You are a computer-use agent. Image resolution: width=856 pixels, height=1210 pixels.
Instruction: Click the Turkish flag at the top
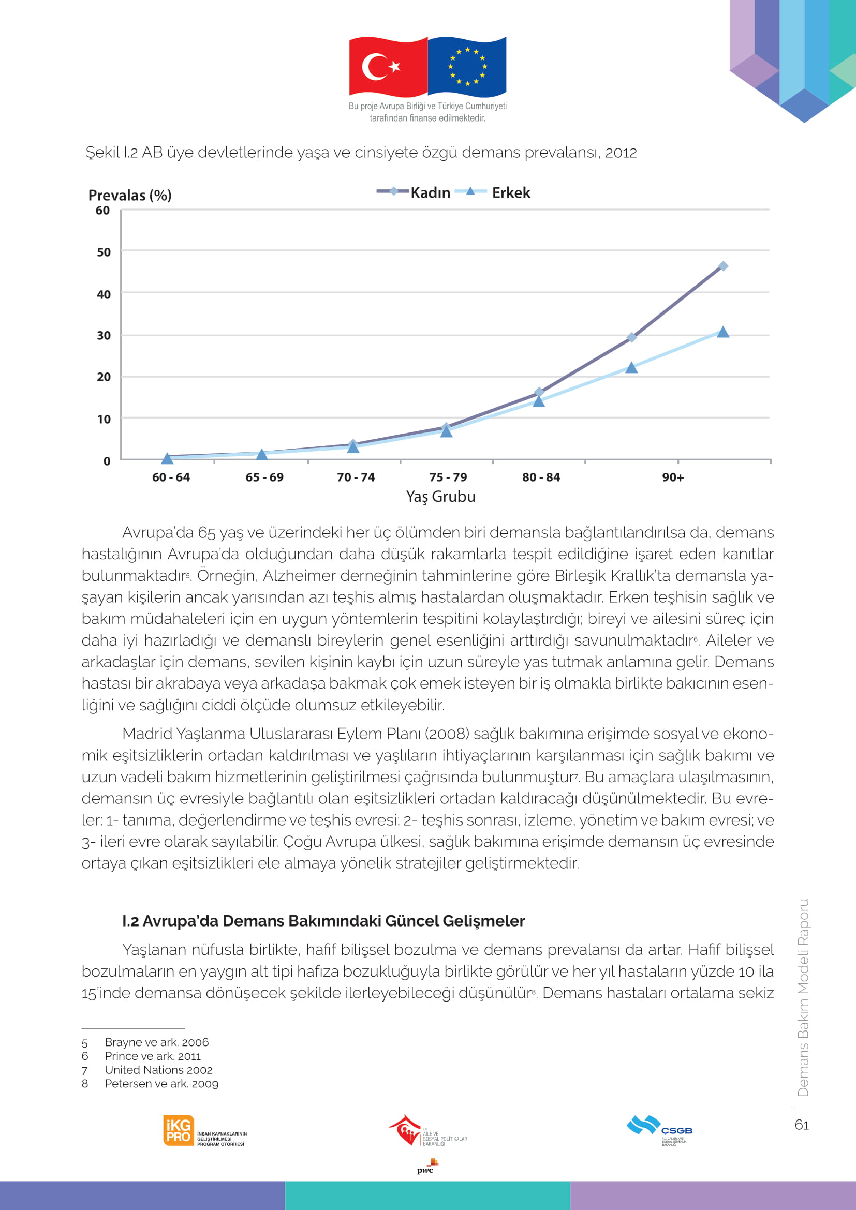[389, 67]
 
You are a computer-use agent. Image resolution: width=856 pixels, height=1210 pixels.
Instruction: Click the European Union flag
[467, 67]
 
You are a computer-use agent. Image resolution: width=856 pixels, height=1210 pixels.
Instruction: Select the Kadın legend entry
[414, 192]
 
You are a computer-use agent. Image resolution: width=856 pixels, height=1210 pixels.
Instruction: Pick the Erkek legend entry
[492, 192]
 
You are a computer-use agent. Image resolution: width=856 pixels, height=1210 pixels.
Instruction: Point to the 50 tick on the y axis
[104, 252]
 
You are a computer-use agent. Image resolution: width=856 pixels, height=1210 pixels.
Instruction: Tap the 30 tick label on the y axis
[104, 335]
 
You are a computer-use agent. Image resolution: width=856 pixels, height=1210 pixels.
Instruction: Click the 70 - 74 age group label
[356, 477]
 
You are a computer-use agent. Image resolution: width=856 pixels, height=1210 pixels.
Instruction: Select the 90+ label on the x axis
[673, 477]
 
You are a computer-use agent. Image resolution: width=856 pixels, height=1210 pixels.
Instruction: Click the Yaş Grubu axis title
[440, 497]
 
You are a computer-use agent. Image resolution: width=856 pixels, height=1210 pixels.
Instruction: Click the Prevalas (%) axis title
[130, 195]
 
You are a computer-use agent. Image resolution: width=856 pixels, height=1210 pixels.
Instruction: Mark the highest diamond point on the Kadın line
[723, 266]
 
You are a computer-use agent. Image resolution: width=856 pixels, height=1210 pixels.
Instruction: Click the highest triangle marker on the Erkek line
[723, 332]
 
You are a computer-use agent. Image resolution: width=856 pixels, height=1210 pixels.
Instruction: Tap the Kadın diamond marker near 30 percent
[631, 337]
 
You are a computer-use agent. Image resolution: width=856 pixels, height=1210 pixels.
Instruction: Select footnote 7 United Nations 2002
[147, 1069]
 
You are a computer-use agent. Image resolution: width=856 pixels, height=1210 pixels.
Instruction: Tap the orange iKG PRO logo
[179, 1130]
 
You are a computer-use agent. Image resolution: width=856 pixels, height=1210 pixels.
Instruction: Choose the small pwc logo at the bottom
[427, 1166]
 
